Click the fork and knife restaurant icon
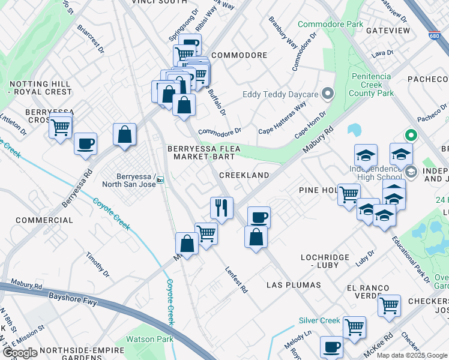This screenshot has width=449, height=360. pos(221,208)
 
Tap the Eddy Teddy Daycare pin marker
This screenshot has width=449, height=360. pos(328,94)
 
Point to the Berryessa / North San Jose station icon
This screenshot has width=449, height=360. pos(160,179)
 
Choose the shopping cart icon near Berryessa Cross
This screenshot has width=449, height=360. pos(61,127)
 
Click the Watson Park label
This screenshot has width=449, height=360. pos(149,340)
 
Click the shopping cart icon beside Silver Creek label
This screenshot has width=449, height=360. pos(354,326)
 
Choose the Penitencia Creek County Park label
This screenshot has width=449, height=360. pos(372,85)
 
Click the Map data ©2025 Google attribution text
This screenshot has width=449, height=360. pos(412,355)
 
